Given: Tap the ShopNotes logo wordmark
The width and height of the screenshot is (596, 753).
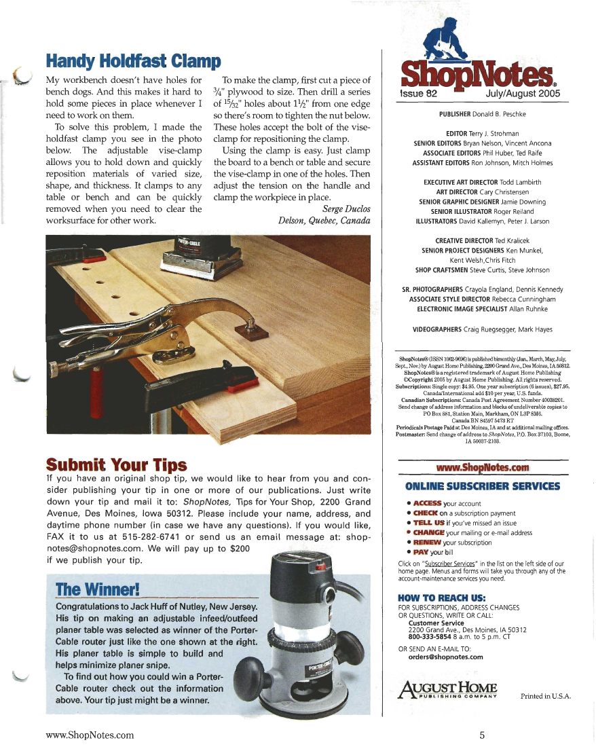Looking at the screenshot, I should pyautogui.click(x=483, y=73).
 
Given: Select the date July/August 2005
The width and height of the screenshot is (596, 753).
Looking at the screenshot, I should pyautogui.click(x=523, y=94).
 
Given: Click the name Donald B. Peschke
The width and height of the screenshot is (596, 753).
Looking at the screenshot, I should pyautogui.click(x=508, y=115).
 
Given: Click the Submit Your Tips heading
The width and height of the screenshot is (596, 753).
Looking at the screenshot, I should pyautogui.click(x=115, y=464).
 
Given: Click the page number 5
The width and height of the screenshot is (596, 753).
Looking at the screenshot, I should pyautogui.click(x=481, y=735).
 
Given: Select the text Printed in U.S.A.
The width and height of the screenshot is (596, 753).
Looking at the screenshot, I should pyautogui.click(x=546, y=696).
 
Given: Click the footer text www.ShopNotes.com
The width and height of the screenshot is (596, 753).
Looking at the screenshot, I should pyautogui.click(x=89, y=735).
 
